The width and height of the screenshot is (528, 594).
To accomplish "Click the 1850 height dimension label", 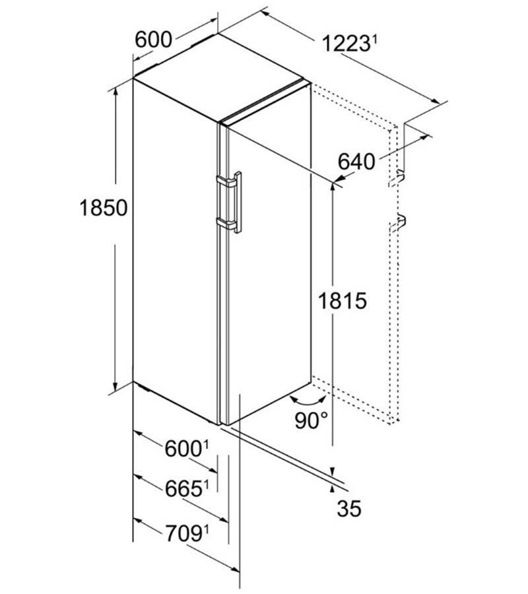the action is tap(104, 208).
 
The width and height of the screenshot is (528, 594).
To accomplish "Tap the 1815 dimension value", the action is tap(343, 301).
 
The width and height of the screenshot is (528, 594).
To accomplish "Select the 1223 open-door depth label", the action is tap(345, 44).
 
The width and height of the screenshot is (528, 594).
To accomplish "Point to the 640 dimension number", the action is tap(356, 162).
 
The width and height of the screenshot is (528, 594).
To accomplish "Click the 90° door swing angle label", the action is tap(312, 420).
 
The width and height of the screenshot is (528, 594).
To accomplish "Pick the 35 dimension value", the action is tap(349, 508).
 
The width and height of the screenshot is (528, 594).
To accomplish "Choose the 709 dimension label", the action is tap(183, 535).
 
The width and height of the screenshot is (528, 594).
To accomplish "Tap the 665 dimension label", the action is tap(183, 489).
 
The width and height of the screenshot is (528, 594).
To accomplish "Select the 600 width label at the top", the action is tap(153, 40).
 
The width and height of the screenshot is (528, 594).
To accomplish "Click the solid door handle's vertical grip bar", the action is tap(238, 203).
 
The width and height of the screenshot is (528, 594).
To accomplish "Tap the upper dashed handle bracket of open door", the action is tap(397, 179).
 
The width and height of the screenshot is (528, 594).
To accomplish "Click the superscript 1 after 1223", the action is tap(373, 39).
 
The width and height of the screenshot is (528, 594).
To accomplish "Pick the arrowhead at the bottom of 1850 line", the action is tap(115, 386).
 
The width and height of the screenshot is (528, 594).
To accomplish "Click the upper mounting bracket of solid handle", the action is tap(225, 182).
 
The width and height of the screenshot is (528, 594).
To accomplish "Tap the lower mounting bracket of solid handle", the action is tap(225, 224).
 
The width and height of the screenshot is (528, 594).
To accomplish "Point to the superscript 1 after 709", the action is tap(207, 529).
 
